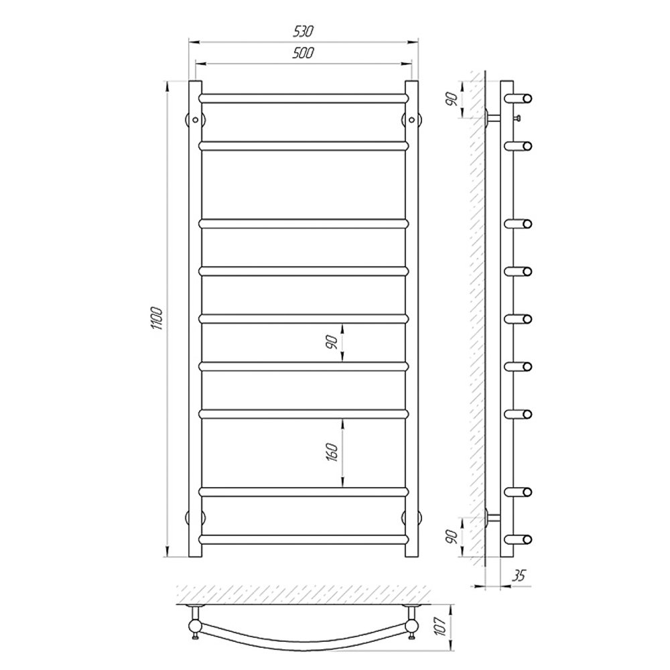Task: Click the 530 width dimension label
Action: point(304,31)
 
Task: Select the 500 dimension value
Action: point(304,53)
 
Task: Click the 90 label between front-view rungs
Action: point(332,342)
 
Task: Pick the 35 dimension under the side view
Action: point(519,576)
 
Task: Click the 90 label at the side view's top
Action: point(452,99)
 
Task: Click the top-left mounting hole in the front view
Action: point(195,120)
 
